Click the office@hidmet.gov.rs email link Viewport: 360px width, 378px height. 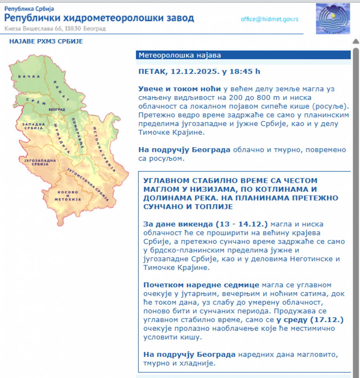(270, 19)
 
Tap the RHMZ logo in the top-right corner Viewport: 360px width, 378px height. (333, 18)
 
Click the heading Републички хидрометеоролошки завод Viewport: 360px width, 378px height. (99, 18)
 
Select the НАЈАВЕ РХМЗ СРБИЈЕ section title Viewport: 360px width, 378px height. (46, 41)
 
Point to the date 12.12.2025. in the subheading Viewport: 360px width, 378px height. (195, 72)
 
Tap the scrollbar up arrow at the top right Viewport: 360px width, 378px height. (356, 41)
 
